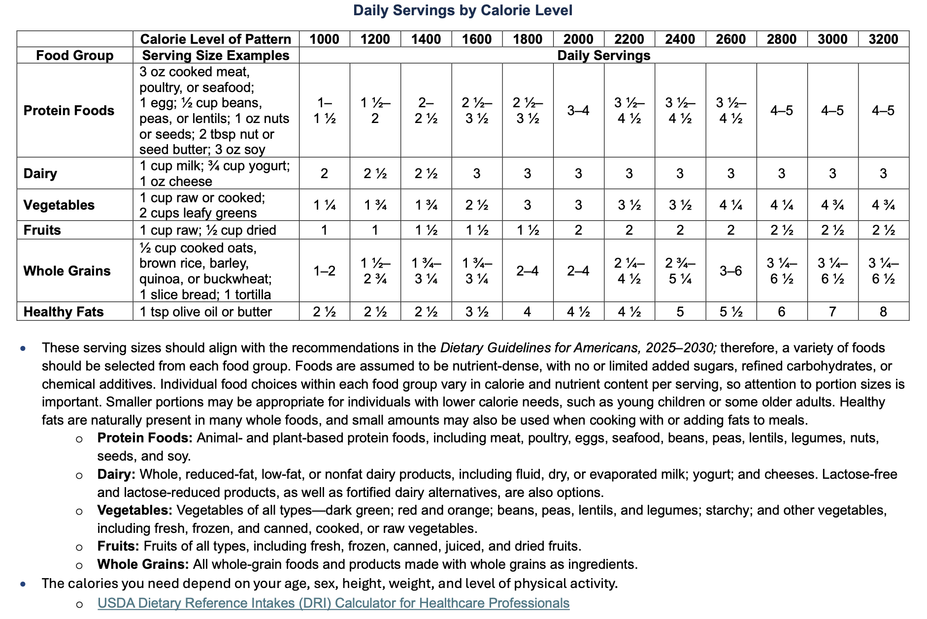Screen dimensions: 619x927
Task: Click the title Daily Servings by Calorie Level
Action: tap(463, 10)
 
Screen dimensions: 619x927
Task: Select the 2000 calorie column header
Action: tap(578, 39)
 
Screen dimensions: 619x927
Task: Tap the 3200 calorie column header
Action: tap(883, 39)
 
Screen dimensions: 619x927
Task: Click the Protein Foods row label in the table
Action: tap(69, 110)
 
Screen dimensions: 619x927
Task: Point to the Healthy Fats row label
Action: tap(64, 311)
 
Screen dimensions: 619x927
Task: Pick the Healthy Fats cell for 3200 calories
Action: tap(883, 311)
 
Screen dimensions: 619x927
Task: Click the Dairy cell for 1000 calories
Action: tap(324, 173)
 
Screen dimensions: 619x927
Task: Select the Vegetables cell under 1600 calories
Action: tap(476, 205)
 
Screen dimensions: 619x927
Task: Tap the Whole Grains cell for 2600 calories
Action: tap(730, 271)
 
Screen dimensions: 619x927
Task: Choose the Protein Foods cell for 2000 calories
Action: tap(578, 110)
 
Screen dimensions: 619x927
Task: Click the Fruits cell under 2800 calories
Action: tap(782, 230)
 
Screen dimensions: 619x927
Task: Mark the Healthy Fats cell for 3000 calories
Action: tap(832, 311)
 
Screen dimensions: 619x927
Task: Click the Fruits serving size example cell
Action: tap(207, 230)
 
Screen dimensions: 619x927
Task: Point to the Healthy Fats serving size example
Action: tap(205, 311)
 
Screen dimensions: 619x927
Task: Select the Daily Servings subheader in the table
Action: tap(603, 55)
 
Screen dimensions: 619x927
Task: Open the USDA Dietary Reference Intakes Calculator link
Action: tap(333, 603)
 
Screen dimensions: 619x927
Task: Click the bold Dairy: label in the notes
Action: tap(116, 474)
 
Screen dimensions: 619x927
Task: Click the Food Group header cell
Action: tap(75, 55)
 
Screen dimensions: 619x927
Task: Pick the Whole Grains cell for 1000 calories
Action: tap(324, 271)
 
